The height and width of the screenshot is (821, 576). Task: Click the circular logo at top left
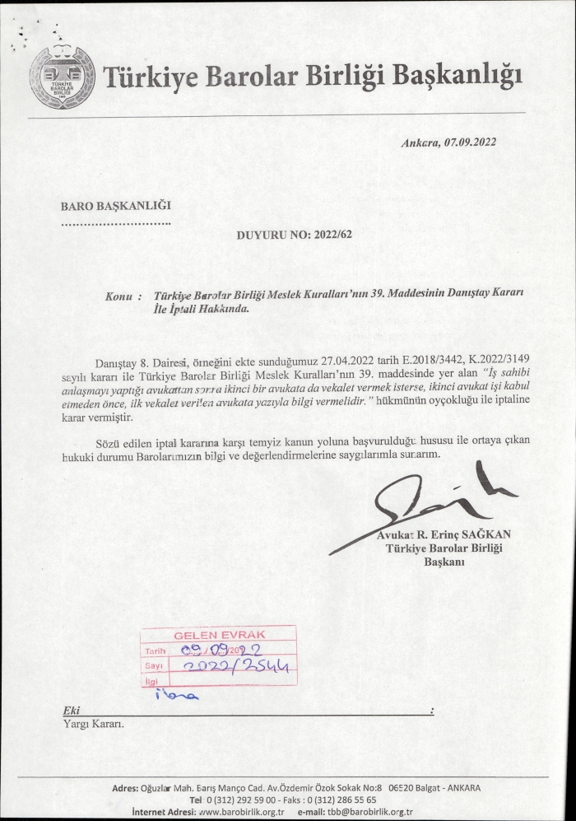point(63,78)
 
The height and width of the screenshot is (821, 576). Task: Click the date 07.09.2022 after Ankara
point(470,142)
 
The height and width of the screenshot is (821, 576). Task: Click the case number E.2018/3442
point(418,360)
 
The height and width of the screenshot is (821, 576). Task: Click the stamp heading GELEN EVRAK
point(218,635)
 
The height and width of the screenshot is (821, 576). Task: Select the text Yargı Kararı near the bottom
point(93,725)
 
